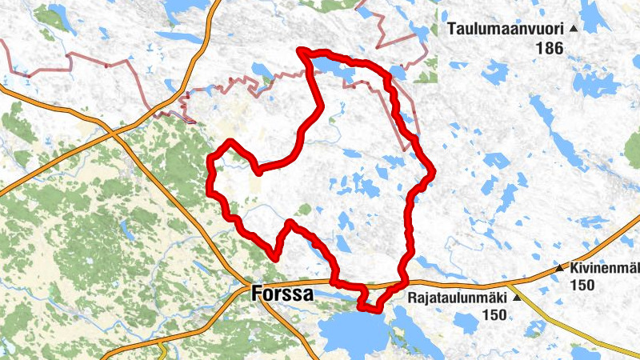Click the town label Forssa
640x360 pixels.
click(x=282, y=294)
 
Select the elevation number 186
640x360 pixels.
click(x=550, y=49)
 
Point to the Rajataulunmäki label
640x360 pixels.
click(x=458, y=298)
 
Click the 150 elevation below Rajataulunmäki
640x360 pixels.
click(x=494, y=315)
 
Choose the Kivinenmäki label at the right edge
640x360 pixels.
click(x=605, y=267)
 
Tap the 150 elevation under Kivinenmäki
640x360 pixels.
click(x=582, y=284)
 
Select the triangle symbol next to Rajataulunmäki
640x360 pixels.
click(x=516, y=298)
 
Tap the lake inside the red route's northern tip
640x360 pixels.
click(x=336, y=71)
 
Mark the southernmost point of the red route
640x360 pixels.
click(x=368, y=309)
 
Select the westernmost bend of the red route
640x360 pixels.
click(x=210, y=164)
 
